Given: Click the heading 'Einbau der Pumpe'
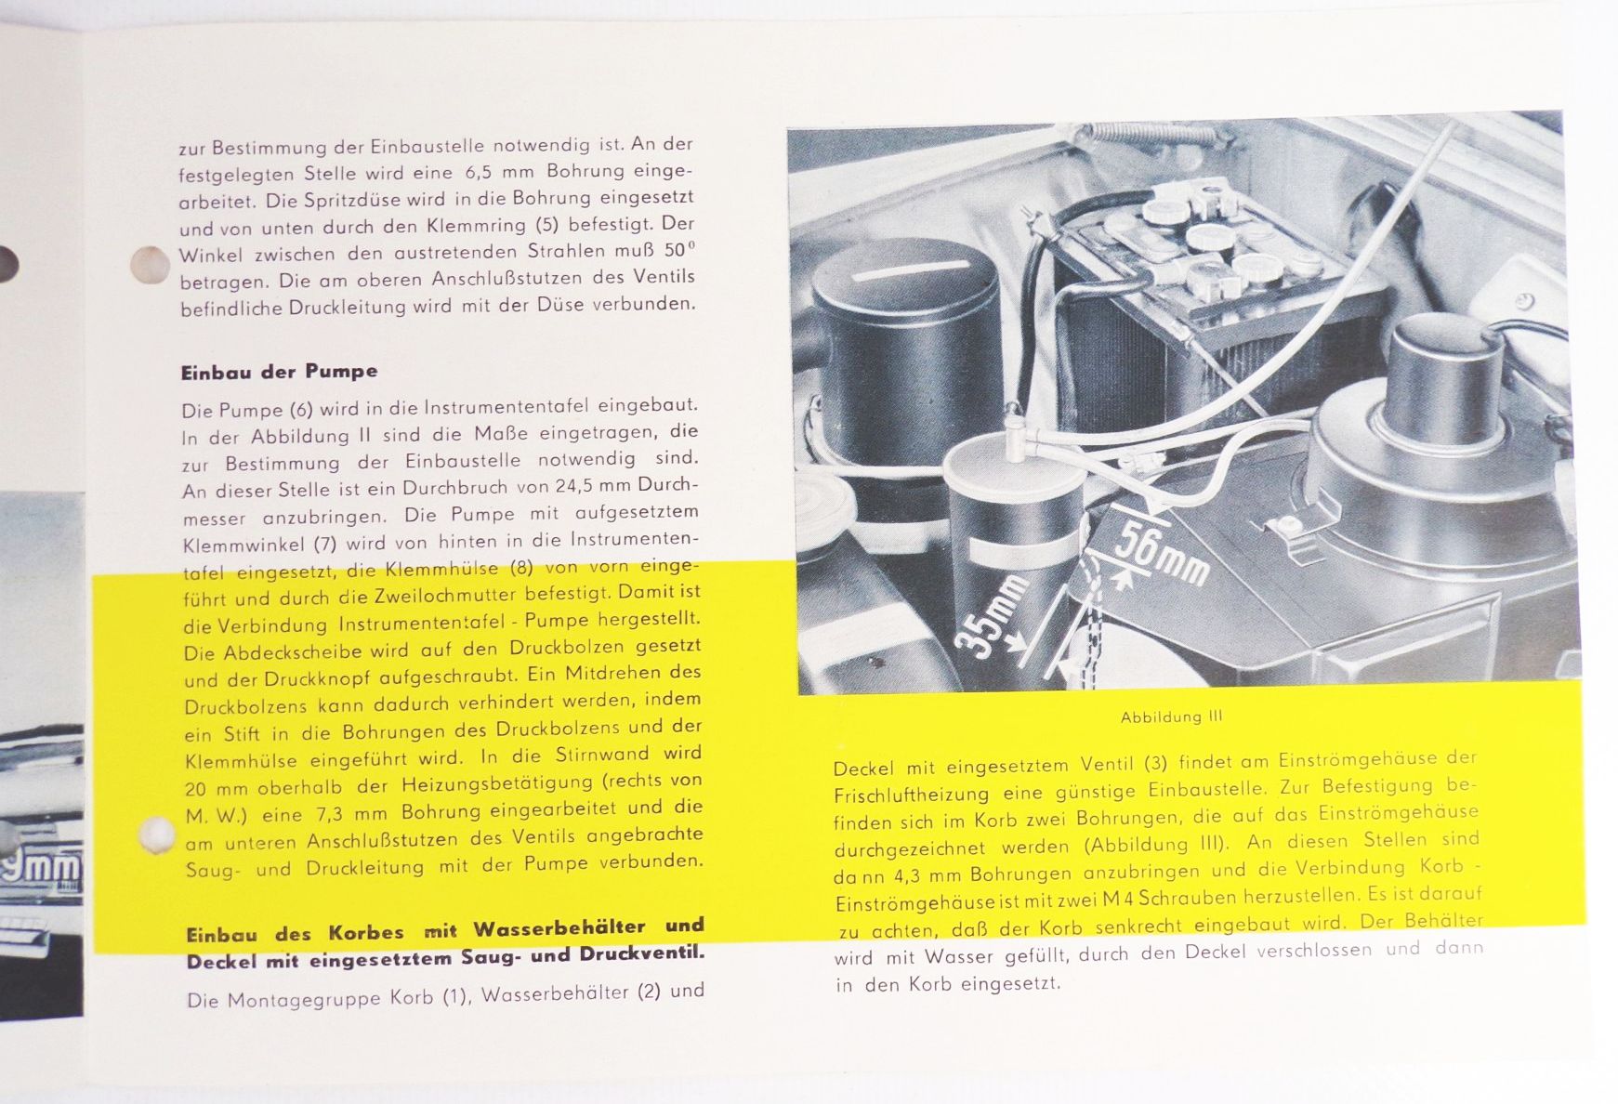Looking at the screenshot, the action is (x=279, y=371).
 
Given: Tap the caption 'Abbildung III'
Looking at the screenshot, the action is (x=1172, y=717).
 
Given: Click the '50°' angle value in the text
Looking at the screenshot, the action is (x=679, y=251).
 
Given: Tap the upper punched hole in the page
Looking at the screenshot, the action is (x=150, y=265).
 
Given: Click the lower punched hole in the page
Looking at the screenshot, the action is (x=155, y=835).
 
